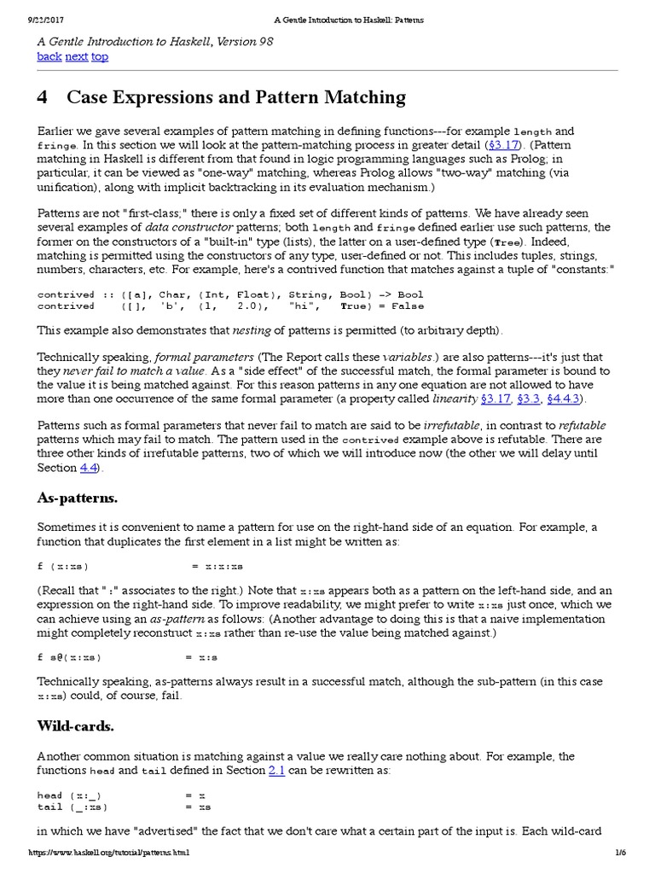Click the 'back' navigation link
pyautogui.click(x=49, y=56)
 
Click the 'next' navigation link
pyautogui.click(x=77, y=56)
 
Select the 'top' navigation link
pyautogui.click(x=100, y=56)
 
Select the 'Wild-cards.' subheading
pyautogui.click(x=75, y=726)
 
